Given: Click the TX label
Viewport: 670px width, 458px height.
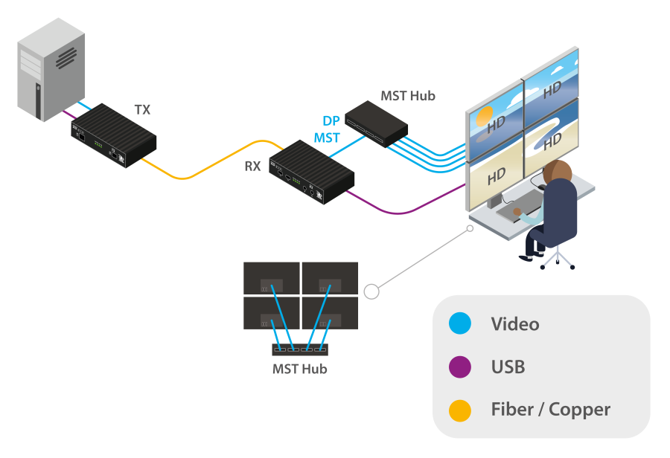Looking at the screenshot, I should [141, 110].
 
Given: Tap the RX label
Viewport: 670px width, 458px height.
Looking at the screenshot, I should [253, 166].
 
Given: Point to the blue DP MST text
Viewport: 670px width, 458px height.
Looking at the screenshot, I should [327, 129].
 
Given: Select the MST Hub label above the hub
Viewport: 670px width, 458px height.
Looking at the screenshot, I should [407, 96].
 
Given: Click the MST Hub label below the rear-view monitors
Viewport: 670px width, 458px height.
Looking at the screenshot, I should [299, 369].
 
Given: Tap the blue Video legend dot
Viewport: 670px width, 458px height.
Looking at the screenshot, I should [460, 324].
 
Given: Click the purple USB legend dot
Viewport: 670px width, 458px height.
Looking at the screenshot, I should [460, 367].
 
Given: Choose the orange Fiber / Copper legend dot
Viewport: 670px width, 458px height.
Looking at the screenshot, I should [460, 410].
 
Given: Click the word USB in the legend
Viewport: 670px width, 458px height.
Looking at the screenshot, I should [508, 367].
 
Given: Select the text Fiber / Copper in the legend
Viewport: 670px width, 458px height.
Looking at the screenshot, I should [550, 410].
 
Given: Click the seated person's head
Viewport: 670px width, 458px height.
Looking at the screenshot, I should [558, 175].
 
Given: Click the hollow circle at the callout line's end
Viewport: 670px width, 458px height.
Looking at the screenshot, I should [371, 291].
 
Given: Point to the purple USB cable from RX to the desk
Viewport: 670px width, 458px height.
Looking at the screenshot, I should [402, 210].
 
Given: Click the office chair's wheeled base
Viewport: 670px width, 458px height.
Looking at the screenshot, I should [557, 257].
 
